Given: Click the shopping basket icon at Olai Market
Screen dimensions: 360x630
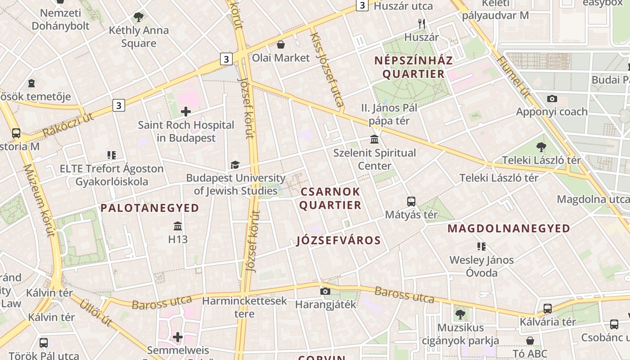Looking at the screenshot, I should pyautogui.click(x=281, y=44).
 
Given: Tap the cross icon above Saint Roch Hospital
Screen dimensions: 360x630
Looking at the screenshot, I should pyautogui.click(x=186, y=111).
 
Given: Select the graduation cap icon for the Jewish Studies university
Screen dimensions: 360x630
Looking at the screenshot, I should pyautogui.click(x=235, y=165).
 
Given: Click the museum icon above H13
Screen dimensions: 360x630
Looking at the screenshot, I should pyautogui.click(x=178, y=225).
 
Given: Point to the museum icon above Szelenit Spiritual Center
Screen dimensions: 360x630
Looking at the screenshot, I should pyautogui.click(x=374, y=139).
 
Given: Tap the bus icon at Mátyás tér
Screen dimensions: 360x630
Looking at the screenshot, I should pyautogui.click(x=411, y=201).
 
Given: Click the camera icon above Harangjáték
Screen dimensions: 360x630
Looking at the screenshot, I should pyautogui.click(x=325, y=291).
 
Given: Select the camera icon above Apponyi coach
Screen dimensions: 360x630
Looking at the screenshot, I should pyautogui.click(x=552, y=98).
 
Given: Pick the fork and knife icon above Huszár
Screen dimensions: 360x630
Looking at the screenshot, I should pyautogui.click(x=421, y=24).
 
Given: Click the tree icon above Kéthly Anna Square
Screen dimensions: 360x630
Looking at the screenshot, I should pyautogui.click(x=138, y=17).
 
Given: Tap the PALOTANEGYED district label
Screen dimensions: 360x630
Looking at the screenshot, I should pyautogui.click(x=149, y=208).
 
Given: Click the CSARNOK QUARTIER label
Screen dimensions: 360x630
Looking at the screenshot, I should pyautogui.click(x=330, y=198).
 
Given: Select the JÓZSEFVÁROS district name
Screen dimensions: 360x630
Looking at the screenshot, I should pyautogui.click(x=339, y=240).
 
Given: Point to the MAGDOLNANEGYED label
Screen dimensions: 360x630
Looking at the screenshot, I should pyautogui.click(x=508, y=229).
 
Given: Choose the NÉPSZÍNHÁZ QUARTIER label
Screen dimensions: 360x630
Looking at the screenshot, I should pyautogui.click(x=413, y=67).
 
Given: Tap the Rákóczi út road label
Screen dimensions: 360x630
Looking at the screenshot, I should pyautogui.click(x=68, y=125).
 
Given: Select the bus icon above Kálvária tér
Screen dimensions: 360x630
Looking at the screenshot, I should pyautogui.click(x=547, y=308).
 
